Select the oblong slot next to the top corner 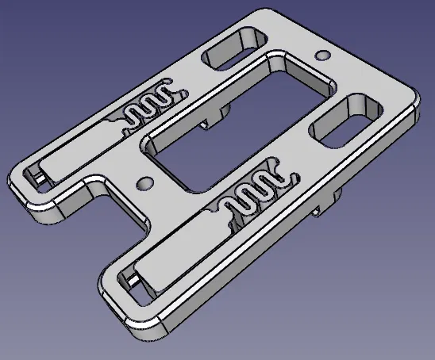[x=233, y=49]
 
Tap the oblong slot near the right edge [x=346, y=121]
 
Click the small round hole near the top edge [x=321, y=56]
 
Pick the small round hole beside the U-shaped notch [x=144, y=183]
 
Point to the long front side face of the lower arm [x=262, y=270]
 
